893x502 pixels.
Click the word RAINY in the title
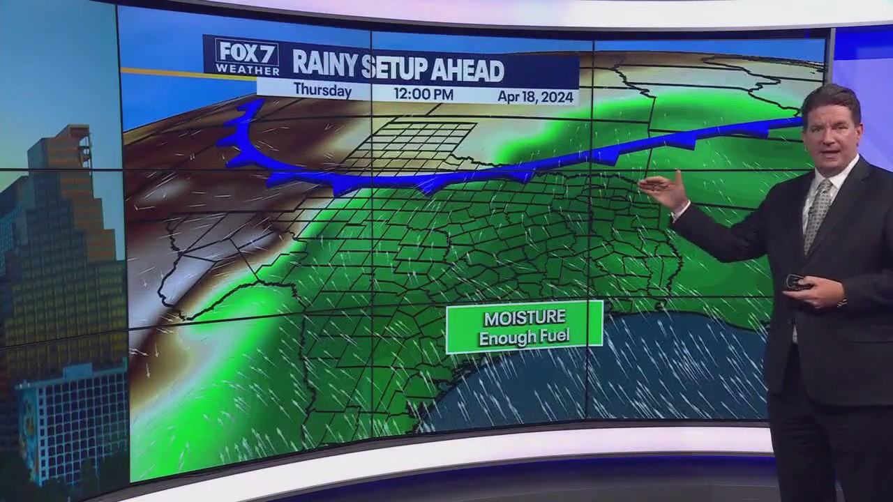coord(324,65)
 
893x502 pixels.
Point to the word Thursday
coord(322,90)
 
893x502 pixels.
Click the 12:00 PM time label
coord(423,93)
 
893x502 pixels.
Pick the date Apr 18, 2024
coord(535,97)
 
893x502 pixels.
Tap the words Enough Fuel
coord(524,337)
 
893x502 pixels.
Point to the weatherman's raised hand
coord(663,190)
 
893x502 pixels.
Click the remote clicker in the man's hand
coord(796,282)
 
